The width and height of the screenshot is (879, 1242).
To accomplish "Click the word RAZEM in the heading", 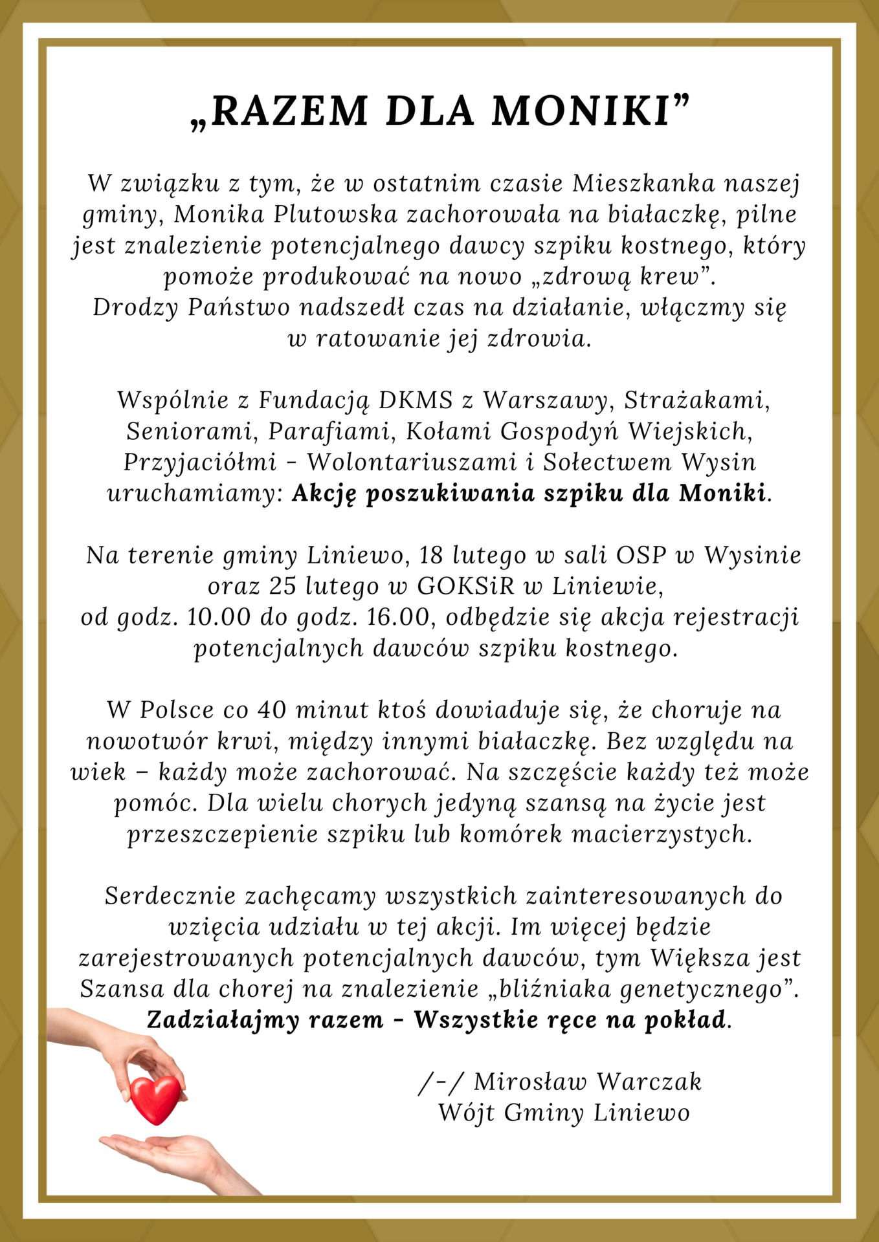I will pyautogui.click(x=290, y=111).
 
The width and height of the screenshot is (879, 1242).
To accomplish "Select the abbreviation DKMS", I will pyautogui.click(x=415, y=400).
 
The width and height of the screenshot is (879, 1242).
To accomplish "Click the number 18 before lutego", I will pyautogui.click(x=431, y=555).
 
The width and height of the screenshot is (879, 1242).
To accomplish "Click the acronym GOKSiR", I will pyautogui.click(x=465, y=586).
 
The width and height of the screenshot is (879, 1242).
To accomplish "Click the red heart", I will pyautogui.click(x=155, y=1099).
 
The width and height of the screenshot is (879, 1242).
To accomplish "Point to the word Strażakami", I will pyautogui.click(x=697, y=400).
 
